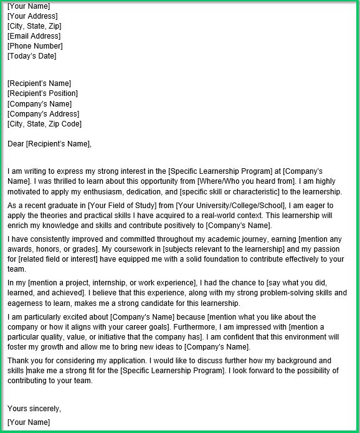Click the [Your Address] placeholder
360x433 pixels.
point(32,16)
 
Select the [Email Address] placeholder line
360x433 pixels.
point(34,36)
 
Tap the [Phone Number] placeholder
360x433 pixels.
point(35,46)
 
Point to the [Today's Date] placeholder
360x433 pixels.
point(32,56)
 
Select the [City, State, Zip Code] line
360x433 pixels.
point(44,123)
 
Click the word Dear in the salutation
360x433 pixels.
point(16,145)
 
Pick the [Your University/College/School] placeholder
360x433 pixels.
point(230,206)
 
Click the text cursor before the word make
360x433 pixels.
point(27,371)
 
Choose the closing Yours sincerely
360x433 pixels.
point(34,409)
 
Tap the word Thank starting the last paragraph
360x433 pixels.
point(17,361)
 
